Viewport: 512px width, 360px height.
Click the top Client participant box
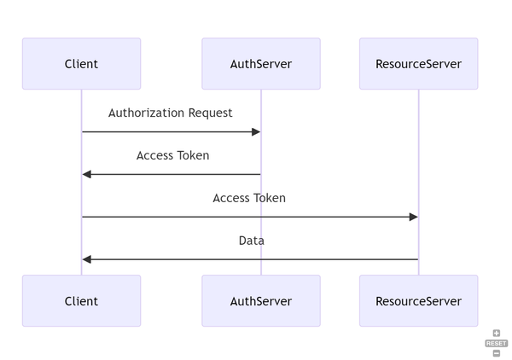[x=81, y=64]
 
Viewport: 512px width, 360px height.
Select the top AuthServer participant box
[x=261, y=64]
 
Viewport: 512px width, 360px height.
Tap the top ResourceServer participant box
[x=418, y=64]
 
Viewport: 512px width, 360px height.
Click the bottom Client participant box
[x=81, y=301]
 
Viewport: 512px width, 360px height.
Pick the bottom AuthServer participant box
[x=261, y=301]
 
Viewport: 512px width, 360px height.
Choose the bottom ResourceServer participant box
[x=418, y=301]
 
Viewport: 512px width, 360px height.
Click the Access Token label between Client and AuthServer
[x=172, y=155]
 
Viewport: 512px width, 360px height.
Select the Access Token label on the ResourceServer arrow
[x=249, y=198]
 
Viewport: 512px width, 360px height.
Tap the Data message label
[x=251, y=241]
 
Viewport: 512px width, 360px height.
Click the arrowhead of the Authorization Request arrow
[x=256, y=131]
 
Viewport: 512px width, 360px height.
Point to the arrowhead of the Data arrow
[x=87, y=259]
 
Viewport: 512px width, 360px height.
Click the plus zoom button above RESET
[x=497, y=334]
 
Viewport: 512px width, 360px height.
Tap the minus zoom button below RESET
[x=497, y=352]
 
